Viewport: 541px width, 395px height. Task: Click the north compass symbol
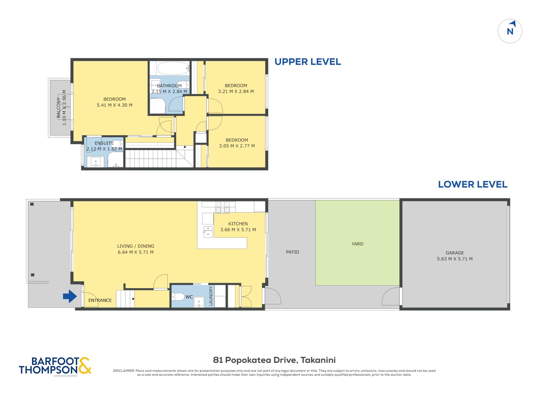510,31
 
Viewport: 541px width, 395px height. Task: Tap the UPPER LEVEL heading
308,62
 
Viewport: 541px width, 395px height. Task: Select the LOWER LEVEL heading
473,184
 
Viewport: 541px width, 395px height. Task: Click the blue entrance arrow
70,296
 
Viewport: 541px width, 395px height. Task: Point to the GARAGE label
455,253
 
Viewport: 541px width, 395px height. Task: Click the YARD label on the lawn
357,244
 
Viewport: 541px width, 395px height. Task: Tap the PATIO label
292,252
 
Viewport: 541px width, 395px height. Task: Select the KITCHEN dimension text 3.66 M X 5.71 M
238,230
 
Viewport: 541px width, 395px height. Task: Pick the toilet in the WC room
178,297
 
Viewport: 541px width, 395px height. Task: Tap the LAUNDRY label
211,296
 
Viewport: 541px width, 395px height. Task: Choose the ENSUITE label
104,143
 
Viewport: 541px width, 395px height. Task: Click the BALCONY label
58,108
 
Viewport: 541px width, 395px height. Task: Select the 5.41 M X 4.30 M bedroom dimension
114,105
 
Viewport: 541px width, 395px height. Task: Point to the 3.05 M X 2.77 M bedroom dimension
237,146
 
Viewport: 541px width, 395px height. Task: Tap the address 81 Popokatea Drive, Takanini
274,360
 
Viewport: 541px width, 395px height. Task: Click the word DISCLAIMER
124,371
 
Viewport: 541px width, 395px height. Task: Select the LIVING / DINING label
136,246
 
